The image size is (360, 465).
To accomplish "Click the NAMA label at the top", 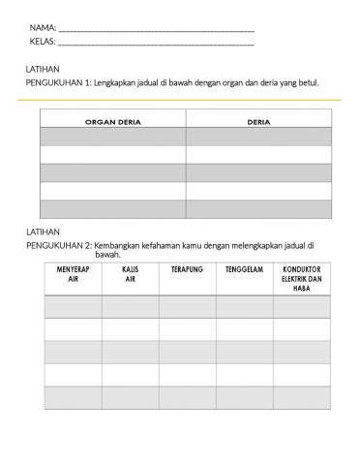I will click(43, 28).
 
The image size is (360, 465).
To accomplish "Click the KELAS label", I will click(43, 44).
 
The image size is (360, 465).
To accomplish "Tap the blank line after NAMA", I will click(156, 30).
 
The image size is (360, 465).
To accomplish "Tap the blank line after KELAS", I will click(156, 46).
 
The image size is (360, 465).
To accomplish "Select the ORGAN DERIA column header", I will click(113, 122).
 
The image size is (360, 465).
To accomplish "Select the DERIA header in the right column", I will click(258, 122).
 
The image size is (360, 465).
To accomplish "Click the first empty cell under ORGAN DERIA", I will click(113, 137).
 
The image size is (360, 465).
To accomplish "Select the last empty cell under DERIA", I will click(258, 208).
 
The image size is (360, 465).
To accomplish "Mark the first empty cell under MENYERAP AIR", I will click(73, 306).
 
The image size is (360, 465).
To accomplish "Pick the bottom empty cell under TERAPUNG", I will click(187, 397).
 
